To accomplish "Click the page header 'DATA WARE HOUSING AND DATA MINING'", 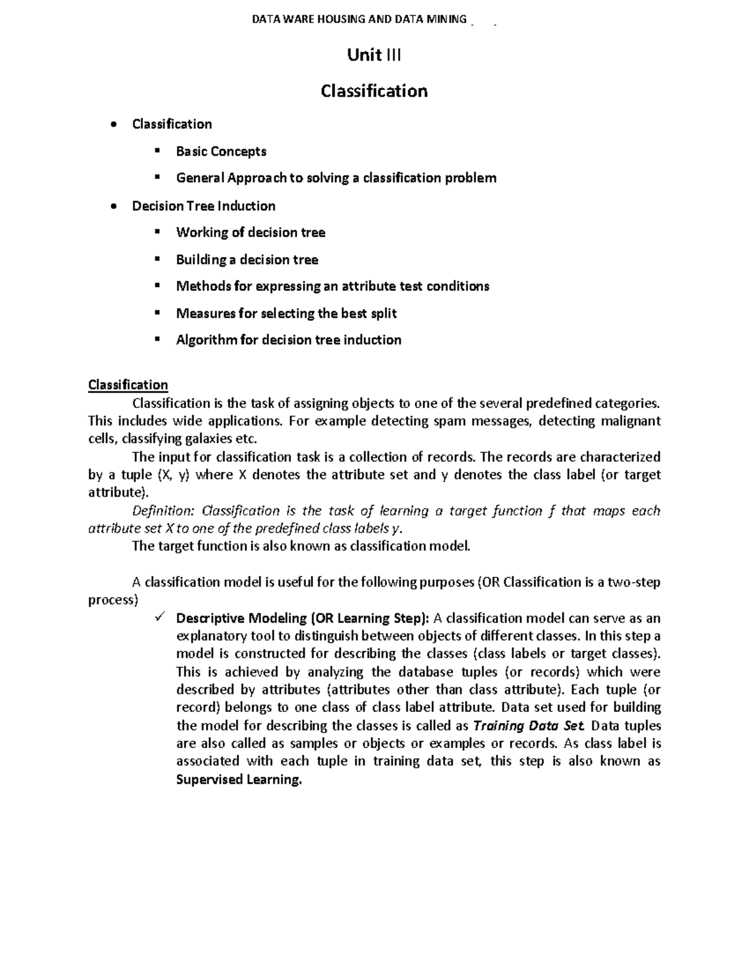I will [359, 19].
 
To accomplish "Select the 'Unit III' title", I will [374, 56].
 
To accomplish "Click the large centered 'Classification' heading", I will [374, 91].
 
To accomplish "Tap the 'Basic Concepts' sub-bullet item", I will [221, 152].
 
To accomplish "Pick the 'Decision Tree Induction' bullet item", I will [203, 206].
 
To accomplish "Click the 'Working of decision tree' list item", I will [250, 233].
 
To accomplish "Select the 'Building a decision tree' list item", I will [247, 260].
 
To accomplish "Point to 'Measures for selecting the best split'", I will [286, 313].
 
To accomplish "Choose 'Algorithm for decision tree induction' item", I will [288, 340].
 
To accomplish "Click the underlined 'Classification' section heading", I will [128, 385].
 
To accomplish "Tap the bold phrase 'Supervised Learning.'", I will [239, 780].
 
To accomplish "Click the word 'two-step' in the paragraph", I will [634, 582].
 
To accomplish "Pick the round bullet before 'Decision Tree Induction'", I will [112, 207].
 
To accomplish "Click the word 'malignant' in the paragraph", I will [630, 421].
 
